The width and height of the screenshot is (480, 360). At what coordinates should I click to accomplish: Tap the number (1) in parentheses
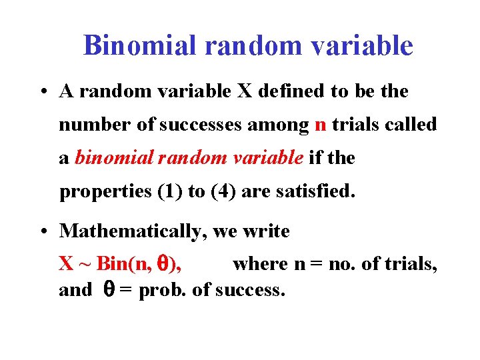[168, 192]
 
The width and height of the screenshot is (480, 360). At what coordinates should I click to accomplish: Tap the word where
[261, 265]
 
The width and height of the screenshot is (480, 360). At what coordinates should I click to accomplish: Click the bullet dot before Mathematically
[43, 232]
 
